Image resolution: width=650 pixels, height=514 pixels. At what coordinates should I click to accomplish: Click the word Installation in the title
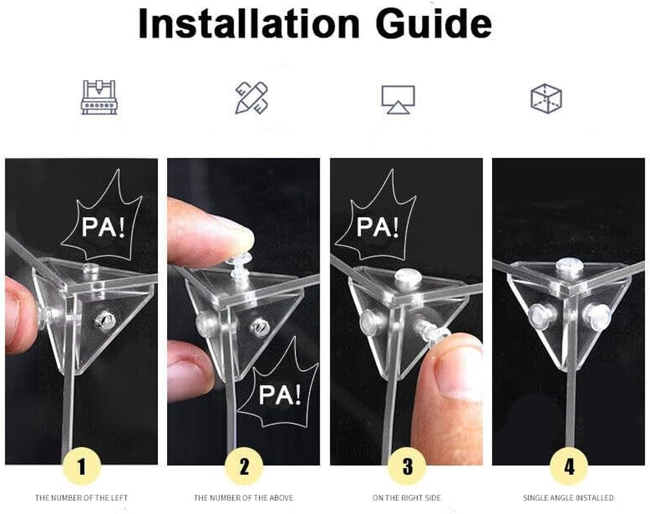click(x=249, y=24)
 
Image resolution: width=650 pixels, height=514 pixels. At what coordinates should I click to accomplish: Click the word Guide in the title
click(x=434, y=24)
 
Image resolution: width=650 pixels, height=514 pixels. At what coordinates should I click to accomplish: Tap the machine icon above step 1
click(x=99, y=97)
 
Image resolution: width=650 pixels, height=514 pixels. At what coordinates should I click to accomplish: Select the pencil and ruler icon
click(x=252, y=98)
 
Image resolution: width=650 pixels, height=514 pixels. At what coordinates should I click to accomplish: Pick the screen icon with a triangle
click(x=398, y=99)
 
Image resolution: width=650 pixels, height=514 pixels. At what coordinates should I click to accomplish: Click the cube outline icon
click(x=546, y=98)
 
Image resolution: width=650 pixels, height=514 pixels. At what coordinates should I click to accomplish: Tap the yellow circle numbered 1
click(x=82, y=466)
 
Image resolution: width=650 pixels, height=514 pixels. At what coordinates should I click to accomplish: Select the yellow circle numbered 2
click(x=244, y=466)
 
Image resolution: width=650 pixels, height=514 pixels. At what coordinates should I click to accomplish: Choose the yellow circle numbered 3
click(x=407, y=466)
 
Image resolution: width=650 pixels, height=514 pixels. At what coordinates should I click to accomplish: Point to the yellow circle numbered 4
click(x=569, y=466)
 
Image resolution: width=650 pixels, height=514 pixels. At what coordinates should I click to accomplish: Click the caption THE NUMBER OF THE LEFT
click(x=81, y=497)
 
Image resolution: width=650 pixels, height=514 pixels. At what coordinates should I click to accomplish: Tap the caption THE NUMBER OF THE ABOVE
click(x=243, y=497)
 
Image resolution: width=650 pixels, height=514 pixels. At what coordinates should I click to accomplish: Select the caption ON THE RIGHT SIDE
click(x=407, y=497)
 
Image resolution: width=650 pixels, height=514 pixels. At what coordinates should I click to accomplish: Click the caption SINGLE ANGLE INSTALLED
click(x=568, y=497)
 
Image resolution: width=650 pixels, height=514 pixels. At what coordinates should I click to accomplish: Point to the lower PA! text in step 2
click(x=280, y=394)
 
